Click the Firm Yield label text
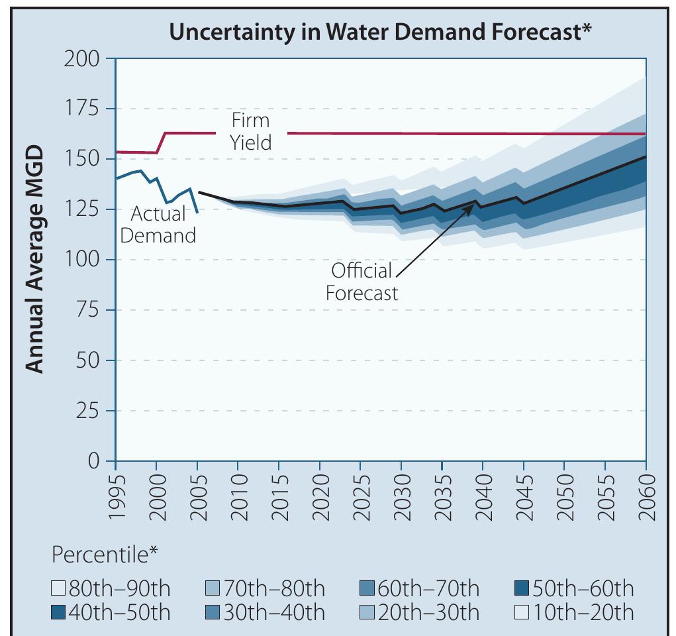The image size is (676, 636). [x=250, y=131]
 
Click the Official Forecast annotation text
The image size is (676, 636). [x=362, y=282]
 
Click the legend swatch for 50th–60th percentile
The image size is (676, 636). [x=522, y=588]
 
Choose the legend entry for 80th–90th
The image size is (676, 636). [x=110, y=588]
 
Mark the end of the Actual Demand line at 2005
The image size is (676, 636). [x=197, y=213]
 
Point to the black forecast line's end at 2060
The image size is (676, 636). [x=646, y=157]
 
